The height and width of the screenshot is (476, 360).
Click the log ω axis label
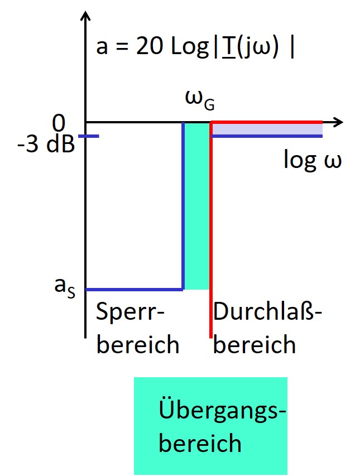tap(312, 160)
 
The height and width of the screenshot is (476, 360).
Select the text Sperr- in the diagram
tap(131, 314)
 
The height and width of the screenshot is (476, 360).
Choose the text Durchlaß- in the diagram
tap(268, 314)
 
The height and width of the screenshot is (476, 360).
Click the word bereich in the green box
tap(200, 444)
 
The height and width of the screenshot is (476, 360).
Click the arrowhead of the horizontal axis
tap(338, 121)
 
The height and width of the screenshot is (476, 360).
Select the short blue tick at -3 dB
tap(89, 136)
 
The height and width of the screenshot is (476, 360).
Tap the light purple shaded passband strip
tap(267, 129)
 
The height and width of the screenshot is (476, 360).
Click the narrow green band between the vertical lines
tap(197, 206)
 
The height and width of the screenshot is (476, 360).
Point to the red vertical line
tap(210, 234)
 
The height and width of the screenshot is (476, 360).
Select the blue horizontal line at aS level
tap(134, 290)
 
